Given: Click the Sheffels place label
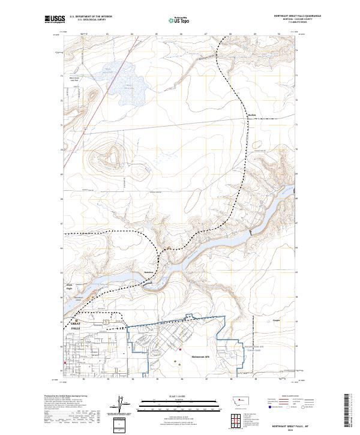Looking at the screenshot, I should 252,115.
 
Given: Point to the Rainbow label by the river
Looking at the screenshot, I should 149,271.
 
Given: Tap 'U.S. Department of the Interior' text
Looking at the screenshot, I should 86,17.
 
